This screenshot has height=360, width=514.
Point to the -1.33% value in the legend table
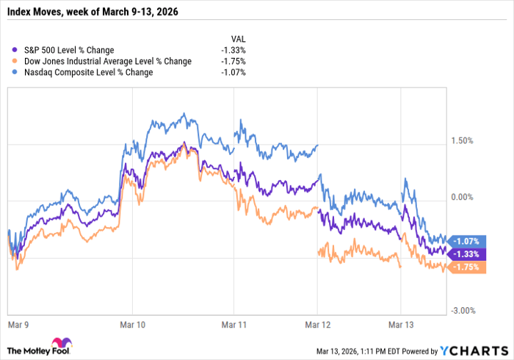[x=233, y=50]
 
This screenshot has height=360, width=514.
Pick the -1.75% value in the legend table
[x=233, y=61]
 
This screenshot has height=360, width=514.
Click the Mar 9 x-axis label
[x=18, y=323]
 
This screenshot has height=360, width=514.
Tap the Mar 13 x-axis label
[x=402, y=323]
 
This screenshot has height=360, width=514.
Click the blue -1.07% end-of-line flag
[x=466, y=240]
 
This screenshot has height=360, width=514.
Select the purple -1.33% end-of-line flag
[x=466, y=253]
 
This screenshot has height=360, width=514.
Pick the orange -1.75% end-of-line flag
[x=466, y=267]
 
